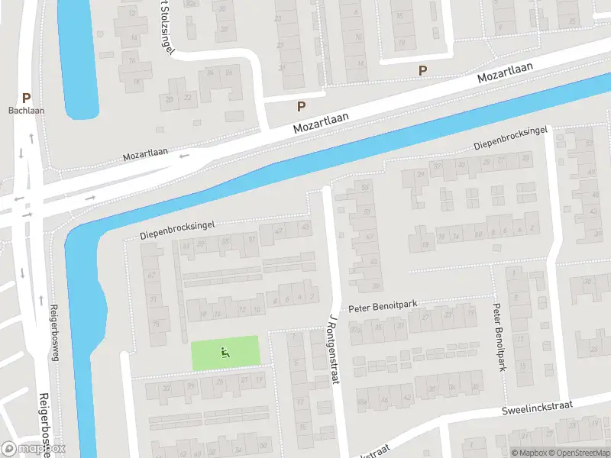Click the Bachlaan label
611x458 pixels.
(x=26, y=111)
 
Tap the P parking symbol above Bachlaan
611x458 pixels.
(x=26, y=98)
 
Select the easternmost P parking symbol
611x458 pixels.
(x=422, y=70)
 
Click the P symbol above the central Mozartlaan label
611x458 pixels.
(x=302, y=107)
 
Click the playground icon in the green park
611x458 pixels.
(x=225, y=352)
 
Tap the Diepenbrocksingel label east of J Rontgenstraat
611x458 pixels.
(x=511, y=138)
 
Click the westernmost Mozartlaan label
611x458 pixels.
(x=145, y=156)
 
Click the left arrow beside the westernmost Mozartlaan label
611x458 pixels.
(x=183, y=156)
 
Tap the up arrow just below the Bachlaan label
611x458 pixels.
(x=31, y=137)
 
